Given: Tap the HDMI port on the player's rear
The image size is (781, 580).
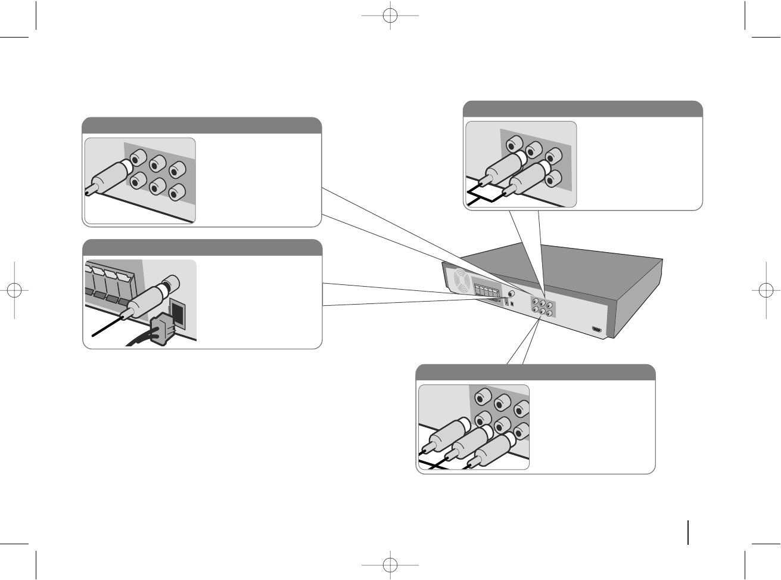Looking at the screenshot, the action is pos(596,329).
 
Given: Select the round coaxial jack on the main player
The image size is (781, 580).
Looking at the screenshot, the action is pos(512,294).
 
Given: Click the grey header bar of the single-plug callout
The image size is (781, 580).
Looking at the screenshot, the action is pos(201,126).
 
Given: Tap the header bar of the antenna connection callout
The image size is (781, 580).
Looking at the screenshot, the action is pos(202,247).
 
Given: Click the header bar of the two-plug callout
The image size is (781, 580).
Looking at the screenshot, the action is pos(583,109).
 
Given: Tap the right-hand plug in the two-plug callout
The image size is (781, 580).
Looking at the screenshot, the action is pos(527,176).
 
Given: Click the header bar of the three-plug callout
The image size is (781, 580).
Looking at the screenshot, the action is pos(535,372).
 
